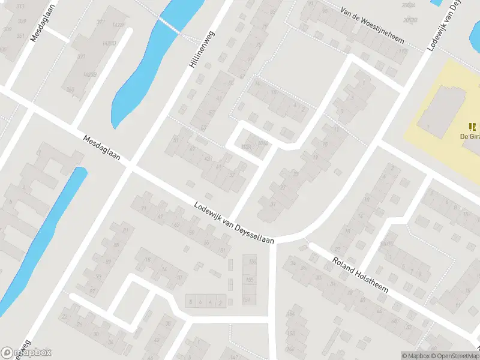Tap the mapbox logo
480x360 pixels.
(27, 353)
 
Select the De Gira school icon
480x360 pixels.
(473, 127)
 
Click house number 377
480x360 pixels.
(100, 22)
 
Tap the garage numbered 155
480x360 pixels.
(250, 280)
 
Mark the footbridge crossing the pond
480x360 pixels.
(170, 25)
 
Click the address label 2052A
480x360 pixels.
(410, 5)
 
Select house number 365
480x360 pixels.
(71, 90)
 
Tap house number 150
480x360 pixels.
(292, 333)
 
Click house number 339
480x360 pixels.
(22, 21)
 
